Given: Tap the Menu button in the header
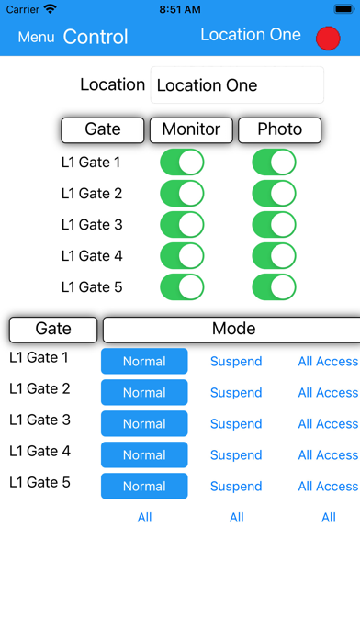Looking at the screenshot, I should point(36,38).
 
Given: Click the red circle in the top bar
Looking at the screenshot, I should point(328,38).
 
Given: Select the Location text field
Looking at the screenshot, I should point(237,85).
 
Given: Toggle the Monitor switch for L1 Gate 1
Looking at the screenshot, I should point(182,163).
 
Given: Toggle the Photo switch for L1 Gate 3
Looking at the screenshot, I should point(274,226).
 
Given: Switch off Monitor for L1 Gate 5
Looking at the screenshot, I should point(182,287).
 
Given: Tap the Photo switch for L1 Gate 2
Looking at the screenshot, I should point(274,195).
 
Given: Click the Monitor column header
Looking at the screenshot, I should point(191,130).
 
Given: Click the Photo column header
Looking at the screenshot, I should point(280,130).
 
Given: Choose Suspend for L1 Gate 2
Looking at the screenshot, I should point(236,393).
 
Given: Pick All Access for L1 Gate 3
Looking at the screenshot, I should point(328,424).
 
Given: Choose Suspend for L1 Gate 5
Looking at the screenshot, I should point(236,487).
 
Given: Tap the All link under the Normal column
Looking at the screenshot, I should point(144,518).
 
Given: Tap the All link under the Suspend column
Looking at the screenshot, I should point(236,518).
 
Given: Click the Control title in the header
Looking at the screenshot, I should point(96,38).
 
